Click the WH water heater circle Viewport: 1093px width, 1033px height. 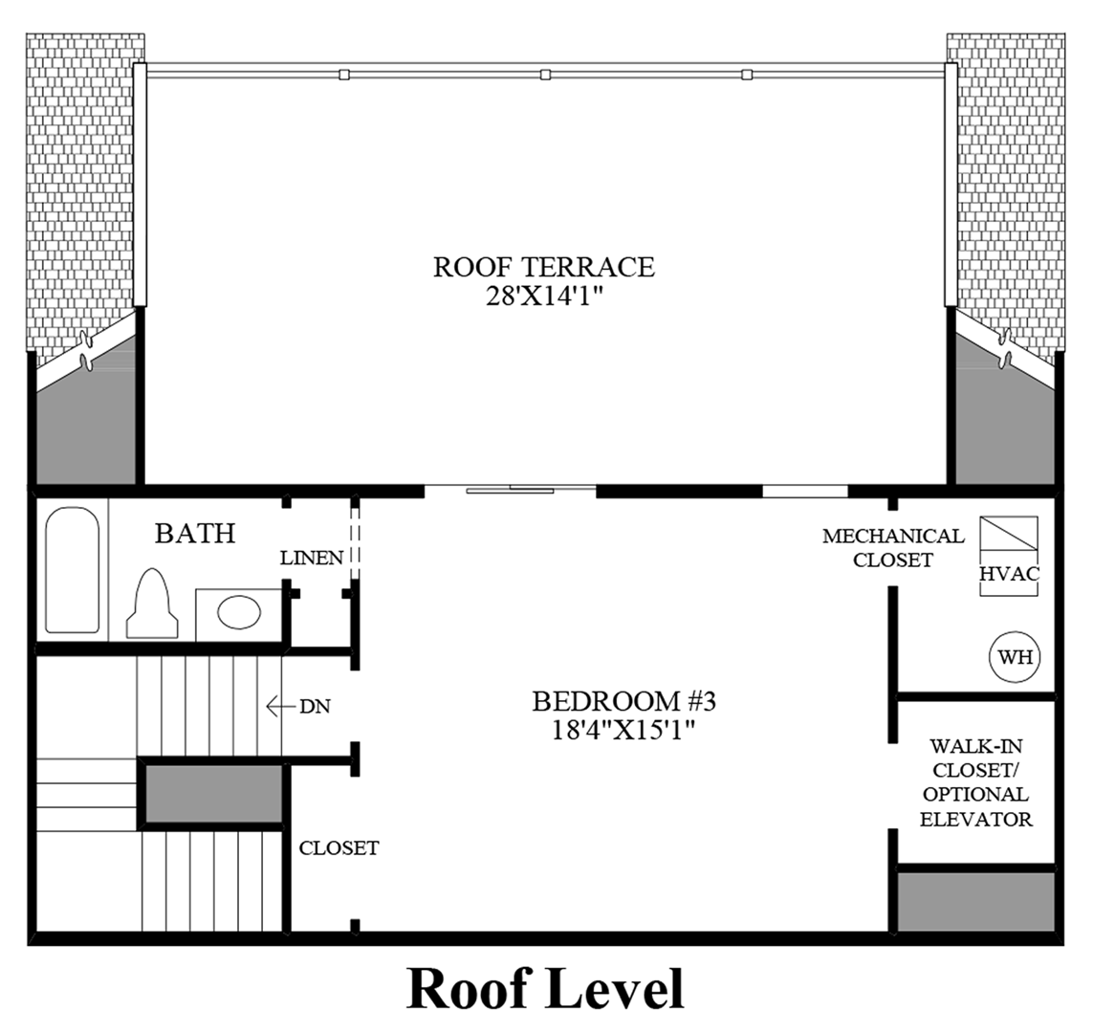tap(1015, 656)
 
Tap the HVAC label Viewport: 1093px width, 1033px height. tap(1010, 573)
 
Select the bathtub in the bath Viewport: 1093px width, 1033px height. tap(73, 569)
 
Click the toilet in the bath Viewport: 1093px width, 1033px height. tap(152, 603)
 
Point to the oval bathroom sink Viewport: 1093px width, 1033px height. tap(239, 613)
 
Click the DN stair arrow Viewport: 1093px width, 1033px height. tap(281, 707)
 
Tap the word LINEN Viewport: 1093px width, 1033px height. tap(312, 558)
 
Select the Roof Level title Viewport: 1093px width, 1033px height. tap(545, 988)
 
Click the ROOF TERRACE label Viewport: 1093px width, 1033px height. tap(544, 267)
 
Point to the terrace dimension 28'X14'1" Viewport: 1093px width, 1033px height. tap(544, 297)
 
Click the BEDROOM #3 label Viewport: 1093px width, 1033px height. tap(623, 700)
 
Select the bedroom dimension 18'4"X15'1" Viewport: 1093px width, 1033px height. tap(623, 730)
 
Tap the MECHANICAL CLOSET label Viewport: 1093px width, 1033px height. tap(893, 548)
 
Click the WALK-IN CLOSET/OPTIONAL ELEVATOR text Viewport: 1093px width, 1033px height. tap(976, 782)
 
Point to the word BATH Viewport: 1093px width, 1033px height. tap(195, 533)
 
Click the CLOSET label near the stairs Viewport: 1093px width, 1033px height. tap(339, 847)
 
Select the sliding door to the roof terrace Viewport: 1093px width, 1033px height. tap(511, 489)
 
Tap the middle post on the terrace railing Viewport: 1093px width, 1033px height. tap(546, 74)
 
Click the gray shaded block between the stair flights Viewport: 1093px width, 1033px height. tap(213, 795)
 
